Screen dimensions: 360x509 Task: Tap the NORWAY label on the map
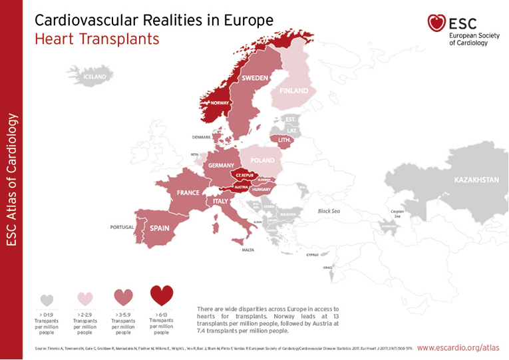(x=220, y=103)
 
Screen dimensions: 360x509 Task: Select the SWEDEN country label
(x=255, y=79)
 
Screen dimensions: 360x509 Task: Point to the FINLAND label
(x=293, y=90)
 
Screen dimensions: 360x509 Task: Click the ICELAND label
(x=94, y=77)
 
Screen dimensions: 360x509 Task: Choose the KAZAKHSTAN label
(x=476, y=180)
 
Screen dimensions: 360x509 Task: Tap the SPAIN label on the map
(x=159, y=228)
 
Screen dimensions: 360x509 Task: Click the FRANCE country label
(x=188, y=192)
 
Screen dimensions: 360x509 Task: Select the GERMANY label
(x=221, y=165)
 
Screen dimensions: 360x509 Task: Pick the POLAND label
(x=262, y=160)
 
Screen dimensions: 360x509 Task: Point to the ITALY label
(x=221, y=201)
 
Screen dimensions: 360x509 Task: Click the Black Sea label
(x=328, y=211)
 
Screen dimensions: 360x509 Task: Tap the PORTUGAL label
(x=122, y=228)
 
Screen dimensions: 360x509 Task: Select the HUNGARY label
(x=260, y=190)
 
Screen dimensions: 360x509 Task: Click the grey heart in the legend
(x=47, y=300)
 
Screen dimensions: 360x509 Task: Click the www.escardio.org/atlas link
(x=458, y=347)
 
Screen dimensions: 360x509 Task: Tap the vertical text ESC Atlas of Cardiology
(x=11, y=180)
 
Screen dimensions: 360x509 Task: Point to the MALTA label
(x=248, y=250)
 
